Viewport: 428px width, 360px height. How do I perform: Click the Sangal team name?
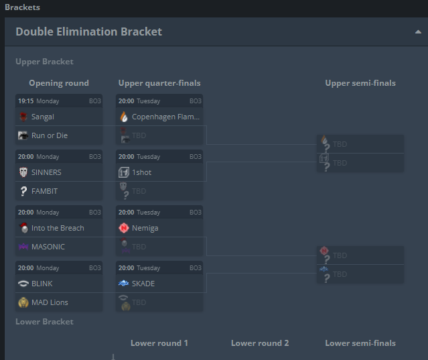tap(43, 117)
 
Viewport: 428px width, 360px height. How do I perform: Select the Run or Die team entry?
tap(49, 135)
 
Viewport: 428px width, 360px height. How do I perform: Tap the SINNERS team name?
tap(46, 172)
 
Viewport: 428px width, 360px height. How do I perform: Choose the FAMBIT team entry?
tap(44, 191)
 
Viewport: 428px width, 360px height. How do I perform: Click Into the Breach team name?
tap(58, 228)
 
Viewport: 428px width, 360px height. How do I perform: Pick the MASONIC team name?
tap(48, 247)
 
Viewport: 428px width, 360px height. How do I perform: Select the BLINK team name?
tap(42, 284)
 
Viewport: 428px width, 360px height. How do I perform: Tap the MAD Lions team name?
tap(50, 302)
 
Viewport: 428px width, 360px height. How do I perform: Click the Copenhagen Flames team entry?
tap(165, 117)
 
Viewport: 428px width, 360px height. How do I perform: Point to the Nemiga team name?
tap(145, 228)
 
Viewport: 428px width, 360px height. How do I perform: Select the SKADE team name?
tap(143, 284)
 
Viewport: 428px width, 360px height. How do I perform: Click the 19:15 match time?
tap(26, 101)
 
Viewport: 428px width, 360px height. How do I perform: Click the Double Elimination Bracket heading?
tap(88, 32)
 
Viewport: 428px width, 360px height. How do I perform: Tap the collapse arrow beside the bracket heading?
tap(418, 32)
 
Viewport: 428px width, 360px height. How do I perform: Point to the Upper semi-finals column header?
tap(360, 83)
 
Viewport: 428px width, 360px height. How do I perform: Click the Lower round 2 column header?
tap(260, 343)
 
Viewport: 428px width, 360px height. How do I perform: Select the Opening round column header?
tap(59, 83)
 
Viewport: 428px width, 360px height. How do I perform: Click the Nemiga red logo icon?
tap(123, 228)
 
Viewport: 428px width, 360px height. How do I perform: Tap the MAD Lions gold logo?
tap(23, 302)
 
